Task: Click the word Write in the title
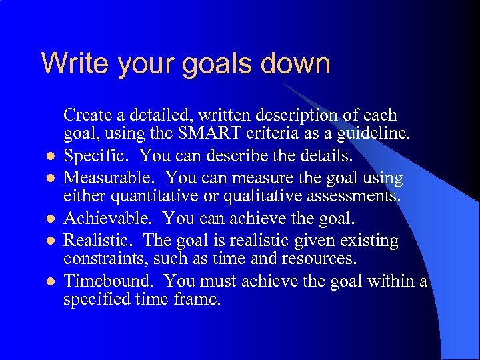click(68, 63)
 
